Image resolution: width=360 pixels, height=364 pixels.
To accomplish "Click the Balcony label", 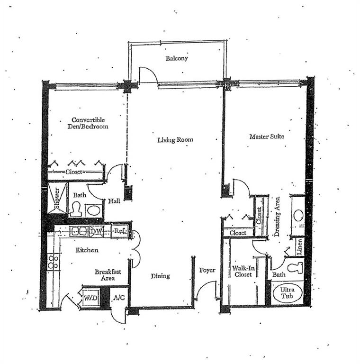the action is tap(177, 58).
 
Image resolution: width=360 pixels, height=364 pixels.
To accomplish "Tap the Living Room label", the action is tap(175, 140).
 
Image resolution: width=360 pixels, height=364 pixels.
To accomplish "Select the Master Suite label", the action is tap(267, 136).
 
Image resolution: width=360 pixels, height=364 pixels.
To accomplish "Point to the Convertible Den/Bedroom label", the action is tap(88, 123).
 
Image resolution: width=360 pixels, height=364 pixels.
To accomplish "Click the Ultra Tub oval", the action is tap(288, 293).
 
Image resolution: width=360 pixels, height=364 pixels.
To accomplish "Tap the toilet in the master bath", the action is tap(295, 268).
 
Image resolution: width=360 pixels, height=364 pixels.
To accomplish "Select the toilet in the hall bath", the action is tap(76, 209).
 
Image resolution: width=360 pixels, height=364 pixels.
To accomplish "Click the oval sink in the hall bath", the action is tap(94, 211).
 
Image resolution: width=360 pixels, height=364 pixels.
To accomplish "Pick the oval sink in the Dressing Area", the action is tap(298, 215).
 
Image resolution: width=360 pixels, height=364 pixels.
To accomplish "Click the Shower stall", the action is tap(57, 198).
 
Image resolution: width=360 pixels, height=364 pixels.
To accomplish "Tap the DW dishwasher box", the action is tap(97, 231).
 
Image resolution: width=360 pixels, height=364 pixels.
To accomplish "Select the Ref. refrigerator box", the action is tap(120, 231).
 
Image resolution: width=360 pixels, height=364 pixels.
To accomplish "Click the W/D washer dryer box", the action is tap(91, 298).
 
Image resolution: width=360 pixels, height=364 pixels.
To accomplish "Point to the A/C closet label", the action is tap(120, 298).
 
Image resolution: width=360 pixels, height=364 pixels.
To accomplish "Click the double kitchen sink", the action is tap(79, 231).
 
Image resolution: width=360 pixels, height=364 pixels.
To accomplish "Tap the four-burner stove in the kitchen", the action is tap(53, 262).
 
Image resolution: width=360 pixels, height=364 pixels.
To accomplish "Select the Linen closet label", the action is tap(300, 247).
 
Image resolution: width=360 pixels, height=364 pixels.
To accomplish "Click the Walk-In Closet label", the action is tap(243, 272).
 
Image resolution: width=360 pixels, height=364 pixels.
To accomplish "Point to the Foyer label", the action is tap(207, 270).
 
